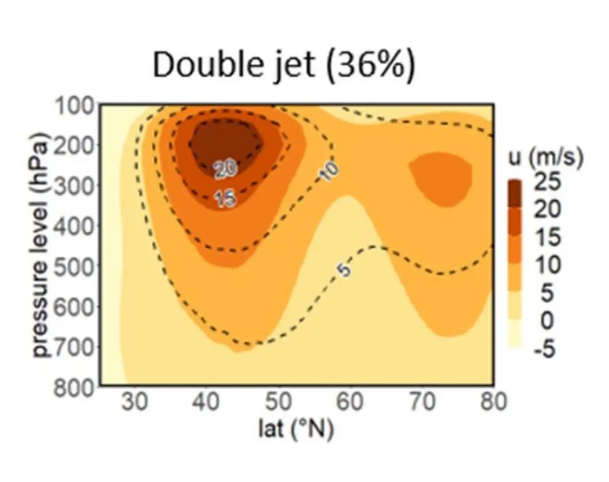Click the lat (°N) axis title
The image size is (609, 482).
pyautogui.click(x=295, y=428)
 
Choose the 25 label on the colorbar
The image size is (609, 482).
pyautogui.click(x=548, y=183)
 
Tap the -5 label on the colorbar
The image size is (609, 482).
pyautogui.click(x=545, y=349)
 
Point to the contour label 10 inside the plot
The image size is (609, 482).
pyautogui.click(x=331, y=171)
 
